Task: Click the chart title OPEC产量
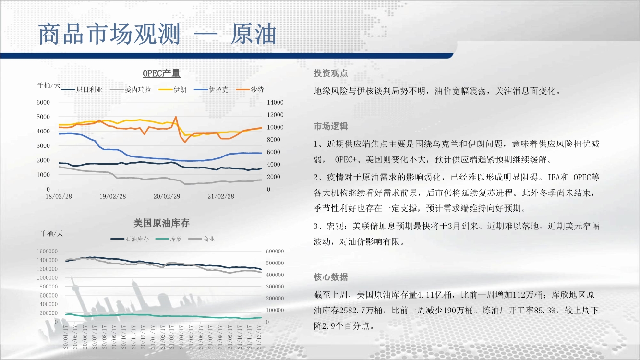coord(161,73)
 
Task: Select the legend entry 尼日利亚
coord(82,90)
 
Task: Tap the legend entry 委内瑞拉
coord(131,90)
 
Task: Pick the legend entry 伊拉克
coord(211,90)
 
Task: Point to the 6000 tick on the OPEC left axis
coord(43,102)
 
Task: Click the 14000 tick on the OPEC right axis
coord(275,102)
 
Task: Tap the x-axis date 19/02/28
coord(112,197)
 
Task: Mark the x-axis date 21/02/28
coord(220,197)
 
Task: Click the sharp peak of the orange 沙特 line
coord(176,117)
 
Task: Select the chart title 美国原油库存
coord(161,223)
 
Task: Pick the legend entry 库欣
coord(169,239)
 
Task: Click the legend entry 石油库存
coord(130,239)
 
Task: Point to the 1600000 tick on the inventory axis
coord(47,251)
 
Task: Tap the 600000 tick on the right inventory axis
coord(275,251)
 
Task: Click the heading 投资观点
coord(331,73)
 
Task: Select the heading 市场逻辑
coord(331,126)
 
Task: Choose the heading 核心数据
coord(331,277)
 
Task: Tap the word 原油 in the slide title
coord(254,34)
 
